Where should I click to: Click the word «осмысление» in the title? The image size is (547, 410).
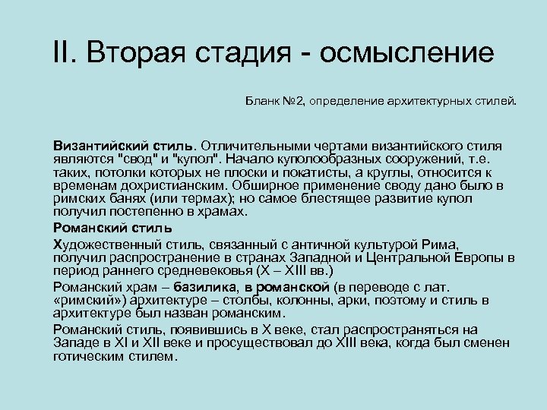pos(407,55)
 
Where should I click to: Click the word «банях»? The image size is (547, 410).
pos(116,199)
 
